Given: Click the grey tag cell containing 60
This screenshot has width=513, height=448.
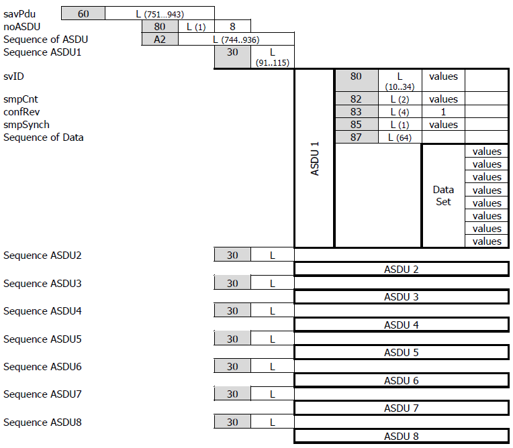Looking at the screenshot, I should coord(83,13).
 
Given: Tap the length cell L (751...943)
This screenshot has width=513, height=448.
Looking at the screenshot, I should coord(160,13).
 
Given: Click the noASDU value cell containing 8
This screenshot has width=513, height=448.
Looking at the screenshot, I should coord(232,26).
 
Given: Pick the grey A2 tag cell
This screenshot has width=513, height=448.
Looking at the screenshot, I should coord(160,39).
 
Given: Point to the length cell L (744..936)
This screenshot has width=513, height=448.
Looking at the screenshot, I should coord(236,39).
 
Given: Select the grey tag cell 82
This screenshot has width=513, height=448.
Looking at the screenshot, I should coord(356,99).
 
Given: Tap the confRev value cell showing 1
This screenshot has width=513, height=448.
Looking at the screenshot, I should coord(443,112).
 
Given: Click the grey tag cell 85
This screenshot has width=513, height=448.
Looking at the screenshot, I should coord(356,125).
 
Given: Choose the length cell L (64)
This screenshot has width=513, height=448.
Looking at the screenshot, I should coord(400,137).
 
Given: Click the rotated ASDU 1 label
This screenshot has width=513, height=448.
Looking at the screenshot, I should coord(315,159).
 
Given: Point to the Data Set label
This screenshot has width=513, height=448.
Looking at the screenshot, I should coord(443,196).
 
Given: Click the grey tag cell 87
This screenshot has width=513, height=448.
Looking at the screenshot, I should coord(356,137).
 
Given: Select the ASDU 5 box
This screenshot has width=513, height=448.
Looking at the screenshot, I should coord(401,353).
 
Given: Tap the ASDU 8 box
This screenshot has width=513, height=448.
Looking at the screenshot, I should coord(401,437).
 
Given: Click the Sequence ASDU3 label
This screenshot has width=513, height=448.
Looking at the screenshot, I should coord(42,284).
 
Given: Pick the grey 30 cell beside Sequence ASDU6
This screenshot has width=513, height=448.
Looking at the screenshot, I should coord(232,367).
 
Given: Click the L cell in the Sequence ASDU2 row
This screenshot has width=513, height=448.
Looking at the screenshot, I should coord(273,256).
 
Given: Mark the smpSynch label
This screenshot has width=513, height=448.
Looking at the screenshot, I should coord(26,125).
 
